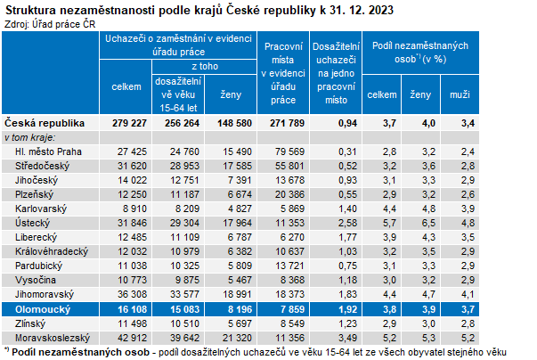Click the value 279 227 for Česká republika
[x=127, y=122]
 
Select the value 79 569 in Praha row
[x=286, y=152]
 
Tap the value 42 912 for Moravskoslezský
[x=128, y=338]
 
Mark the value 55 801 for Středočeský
[x=286, y=167]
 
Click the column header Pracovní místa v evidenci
[x=284, y=72]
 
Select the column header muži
[x=460, y=94]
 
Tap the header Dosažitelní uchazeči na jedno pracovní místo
[x=336, y=72]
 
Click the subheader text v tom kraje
[x=29, y=138]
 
